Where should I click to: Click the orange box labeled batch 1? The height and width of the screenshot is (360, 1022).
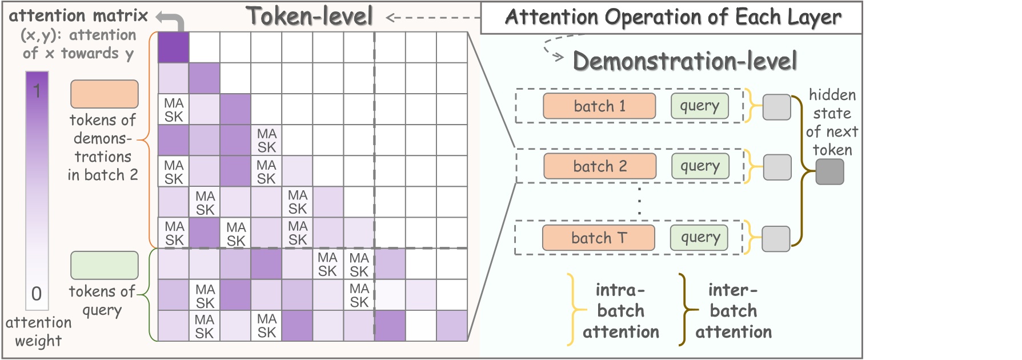(x=599, y=106)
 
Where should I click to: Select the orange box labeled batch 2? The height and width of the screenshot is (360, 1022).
(x=599, y=166)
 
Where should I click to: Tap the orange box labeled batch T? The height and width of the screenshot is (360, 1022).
(x=598, y=238)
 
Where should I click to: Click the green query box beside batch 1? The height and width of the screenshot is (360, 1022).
(x=699, y=106)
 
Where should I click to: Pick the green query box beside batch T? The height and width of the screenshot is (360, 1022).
(x=699, y=238)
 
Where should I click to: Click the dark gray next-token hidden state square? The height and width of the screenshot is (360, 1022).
(x=829, y=171)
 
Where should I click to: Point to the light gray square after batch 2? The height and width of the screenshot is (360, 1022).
(x=777, y=167)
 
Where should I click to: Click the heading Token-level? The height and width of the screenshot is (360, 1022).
(x=309, y=16)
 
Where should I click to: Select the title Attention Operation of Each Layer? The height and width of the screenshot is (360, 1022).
(x=672, y=17)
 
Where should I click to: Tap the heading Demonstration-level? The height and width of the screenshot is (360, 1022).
(x=684, y=61)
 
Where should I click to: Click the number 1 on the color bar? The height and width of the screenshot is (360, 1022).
(x=37, y=90)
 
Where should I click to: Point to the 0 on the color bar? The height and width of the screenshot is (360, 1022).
(x=37, y=294)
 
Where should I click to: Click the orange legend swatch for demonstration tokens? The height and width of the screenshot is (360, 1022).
(x=104, y=94)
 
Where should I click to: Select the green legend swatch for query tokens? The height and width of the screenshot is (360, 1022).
(x=104, y=266)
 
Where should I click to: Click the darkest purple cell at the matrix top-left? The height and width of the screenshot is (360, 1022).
(x=173, y=47)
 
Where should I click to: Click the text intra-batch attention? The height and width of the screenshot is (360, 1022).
(x=620, y=311)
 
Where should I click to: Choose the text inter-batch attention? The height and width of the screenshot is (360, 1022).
(x=733, y=311)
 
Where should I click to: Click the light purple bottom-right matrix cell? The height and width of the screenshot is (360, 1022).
(x=452, y=326)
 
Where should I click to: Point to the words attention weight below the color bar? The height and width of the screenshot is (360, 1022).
(x=38, y=331)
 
